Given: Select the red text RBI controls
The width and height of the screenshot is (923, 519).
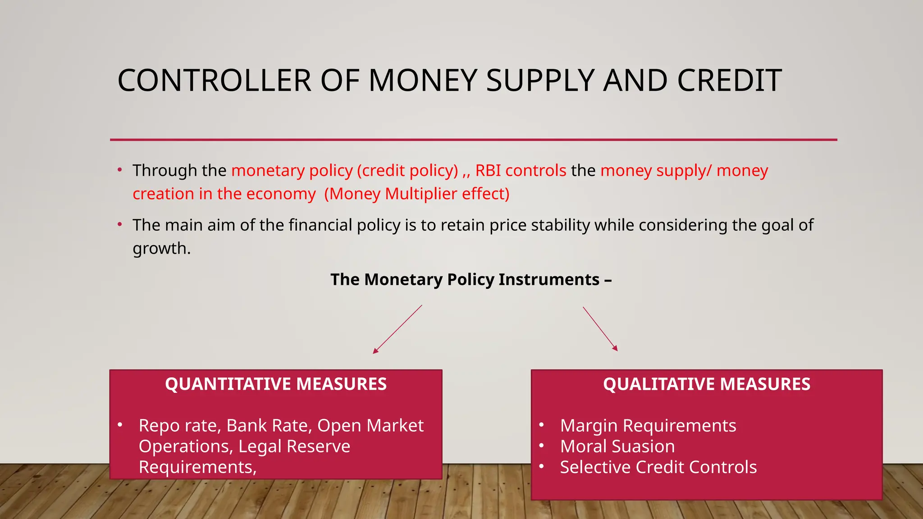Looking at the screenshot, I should click(x=521, y=171).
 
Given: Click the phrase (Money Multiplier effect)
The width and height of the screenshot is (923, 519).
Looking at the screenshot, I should click(x=417, y=194).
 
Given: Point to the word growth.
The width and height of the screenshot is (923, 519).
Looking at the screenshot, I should click(x=161, y=249).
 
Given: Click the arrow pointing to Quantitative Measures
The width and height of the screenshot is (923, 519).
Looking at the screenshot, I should click(x=397, y=329).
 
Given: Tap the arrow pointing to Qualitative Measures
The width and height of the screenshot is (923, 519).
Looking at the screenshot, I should click(x=600, y=328).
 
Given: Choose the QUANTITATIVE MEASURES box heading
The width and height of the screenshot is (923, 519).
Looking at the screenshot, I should click(x=276, y=384).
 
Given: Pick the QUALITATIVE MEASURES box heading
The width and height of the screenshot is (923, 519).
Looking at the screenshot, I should click(x=707, y=384).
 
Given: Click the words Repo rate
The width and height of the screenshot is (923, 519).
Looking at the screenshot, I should click(x=178, y=426).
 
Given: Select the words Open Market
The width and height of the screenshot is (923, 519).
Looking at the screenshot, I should click(x=370, y=426).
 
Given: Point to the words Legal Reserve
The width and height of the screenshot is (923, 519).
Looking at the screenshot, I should click(x=294, y=446).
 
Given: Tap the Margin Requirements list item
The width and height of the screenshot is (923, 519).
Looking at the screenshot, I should click(x=648, y=426).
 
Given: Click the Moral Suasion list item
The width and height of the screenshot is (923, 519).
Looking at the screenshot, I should click(x=617, y=446).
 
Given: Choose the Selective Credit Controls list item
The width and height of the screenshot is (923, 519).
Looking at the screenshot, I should click(x=658, y=467).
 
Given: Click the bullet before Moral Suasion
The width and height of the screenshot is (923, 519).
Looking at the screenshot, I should click(x=542, y=446).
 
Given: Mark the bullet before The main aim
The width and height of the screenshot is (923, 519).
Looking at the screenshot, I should click(x=120, y=224).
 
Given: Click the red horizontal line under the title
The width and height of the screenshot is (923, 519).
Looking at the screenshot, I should click(x=473, y=140).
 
